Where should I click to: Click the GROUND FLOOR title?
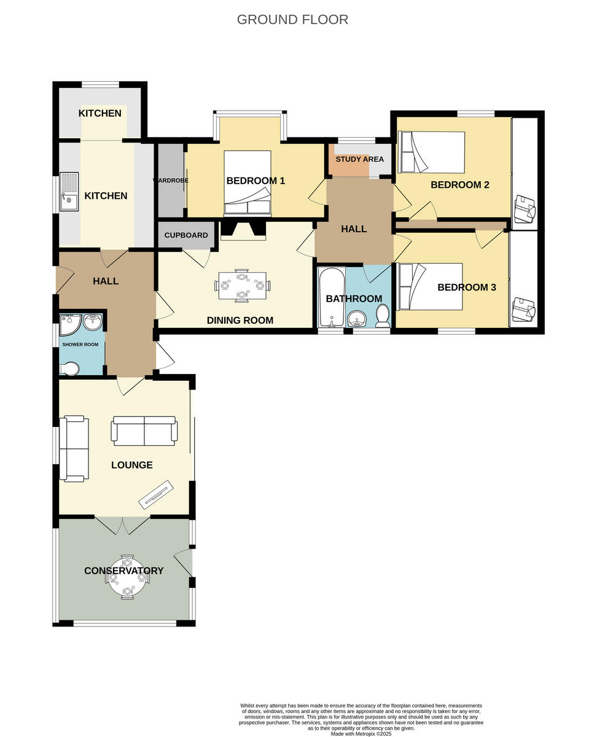[x=292, y=20]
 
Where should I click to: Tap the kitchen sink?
[x=69, y=191]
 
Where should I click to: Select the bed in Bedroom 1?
[x=248, y=183]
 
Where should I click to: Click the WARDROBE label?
[x=170, y=181]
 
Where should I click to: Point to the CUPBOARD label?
[x=186, y=235]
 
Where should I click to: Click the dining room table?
[x=242, y=286]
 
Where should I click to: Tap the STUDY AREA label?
[x=359, y=159]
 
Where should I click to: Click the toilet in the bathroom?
[x=383, y=316]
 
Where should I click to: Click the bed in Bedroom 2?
[x=431, y=152]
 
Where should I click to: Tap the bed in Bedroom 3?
[x=430, y=287]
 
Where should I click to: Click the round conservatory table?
[x=127, y=577]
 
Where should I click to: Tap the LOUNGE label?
[x=132, y=465]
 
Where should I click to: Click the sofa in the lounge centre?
[x=144, y=431]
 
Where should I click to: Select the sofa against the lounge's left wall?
[x=74, y=449]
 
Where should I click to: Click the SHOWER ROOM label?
[x=80, y=345]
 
